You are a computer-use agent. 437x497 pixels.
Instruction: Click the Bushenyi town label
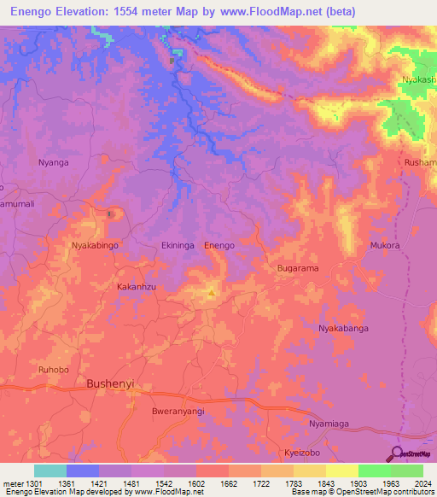pos(111,384)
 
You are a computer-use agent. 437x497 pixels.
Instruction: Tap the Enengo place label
pos(219,246)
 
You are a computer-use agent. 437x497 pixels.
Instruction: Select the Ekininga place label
pos(179,246)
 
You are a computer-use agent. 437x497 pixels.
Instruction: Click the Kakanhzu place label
pos(137,288)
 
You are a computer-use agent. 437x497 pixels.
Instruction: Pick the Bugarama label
pos(298,268)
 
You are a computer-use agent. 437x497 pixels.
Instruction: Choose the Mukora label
pos(384,246)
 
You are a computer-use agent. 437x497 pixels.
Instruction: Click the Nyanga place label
pos(53,162)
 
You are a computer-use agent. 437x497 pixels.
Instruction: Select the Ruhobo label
pos(53,371)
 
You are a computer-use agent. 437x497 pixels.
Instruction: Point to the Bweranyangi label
pos(155,411)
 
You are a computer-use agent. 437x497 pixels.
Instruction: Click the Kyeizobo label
pos(306,452)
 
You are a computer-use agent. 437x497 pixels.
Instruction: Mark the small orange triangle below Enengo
pos(211,294)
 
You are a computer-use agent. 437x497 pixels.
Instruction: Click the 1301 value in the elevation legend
pos(24,482)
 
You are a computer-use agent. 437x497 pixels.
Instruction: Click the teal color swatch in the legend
pos(50,471)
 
